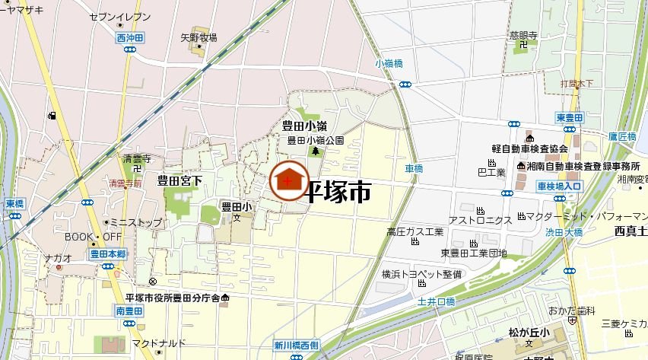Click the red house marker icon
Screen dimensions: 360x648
288,182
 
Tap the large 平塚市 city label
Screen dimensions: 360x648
338,192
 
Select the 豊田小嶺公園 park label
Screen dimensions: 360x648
315,140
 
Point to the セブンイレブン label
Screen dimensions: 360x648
119,16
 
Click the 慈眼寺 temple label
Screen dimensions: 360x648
524,35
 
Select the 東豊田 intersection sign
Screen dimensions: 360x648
569,117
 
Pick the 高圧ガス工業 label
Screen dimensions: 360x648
415,231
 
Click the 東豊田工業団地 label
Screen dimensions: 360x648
473,253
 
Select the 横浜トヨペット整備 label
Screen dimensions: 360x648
421,274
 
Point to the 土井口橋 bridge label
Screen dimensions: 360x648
436,301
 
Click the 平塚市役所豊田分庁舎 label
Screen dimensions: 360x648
172,297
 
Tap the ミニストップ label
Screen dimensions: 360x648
136,223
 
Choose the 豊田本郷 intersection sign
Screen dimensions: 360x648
107,254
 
